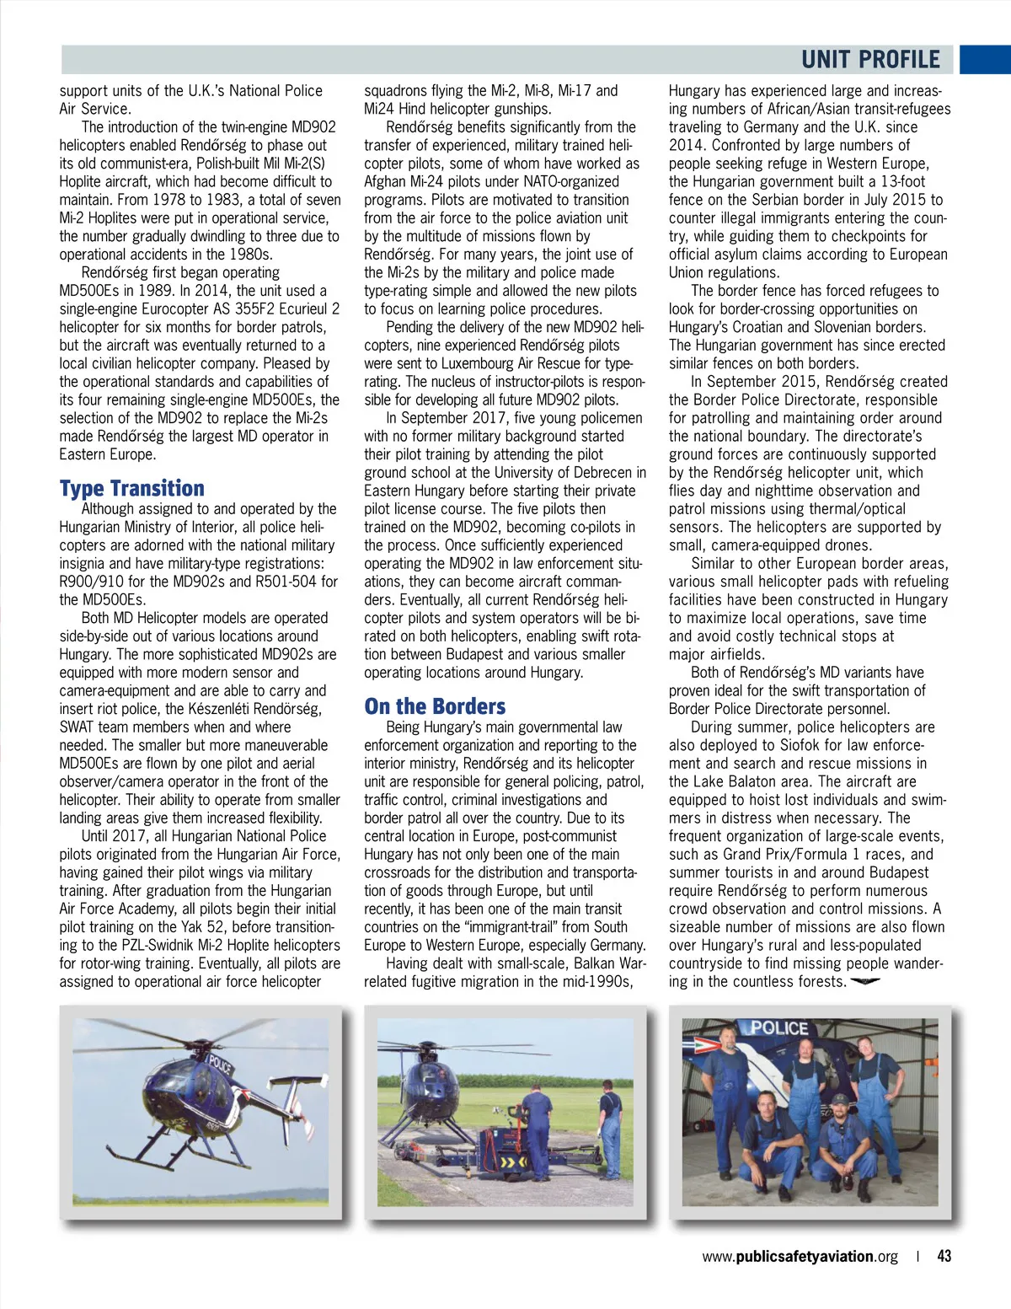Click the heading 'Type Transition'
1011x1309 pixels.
(132, 489)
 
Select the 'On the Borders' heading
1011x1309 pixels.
(435, 706)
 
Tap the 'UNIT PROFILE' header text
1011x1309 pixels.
(870, 60)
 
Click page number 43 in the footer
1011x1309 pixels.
(944, 1256)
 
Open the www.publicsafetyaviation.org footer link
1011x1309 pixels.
(800, 1256)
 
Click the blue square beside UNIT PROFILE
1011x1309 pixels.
(985, 60)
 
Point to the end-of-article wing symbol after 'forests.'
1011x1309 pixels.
(865, 982)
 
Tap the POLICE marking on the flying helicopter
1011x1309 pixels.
(221, 1063)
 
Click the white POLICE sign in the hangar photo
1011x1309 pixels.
(778, 1028)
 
